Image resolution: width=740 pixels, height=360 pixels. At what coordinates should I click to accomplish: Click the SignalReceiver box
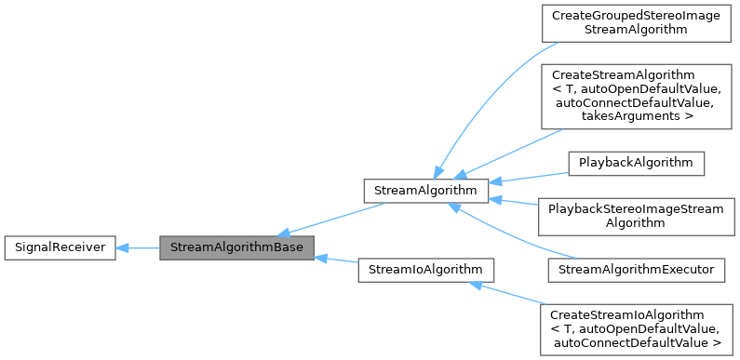(x=60, y=247)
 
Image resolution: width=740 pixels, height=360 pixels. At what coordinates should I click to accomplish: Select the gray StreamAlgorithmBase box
(x=236, y=247)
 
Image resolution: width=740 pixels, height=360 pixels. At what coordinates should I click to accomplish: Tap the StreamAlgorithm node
(x=425, y=191)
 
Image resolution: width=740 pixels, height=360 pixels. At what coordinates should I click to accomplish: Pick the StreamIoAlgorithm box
(x=425, y=270)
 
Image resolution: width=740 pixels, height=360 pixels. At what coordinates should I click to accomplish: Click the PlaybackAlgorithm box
(x=637, y=162)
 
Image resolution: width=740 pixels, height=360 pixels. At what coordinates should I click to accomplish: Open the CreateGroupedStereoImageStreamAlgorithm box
(x=637, y=23)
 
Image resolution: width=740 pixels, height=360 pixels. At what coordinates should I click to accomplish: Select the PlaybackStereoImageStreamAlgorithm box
(x=637, y=216)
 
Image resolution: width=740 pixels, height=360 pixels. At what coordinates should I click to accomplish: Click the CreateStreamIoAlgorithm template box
(x=637, y=328)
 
